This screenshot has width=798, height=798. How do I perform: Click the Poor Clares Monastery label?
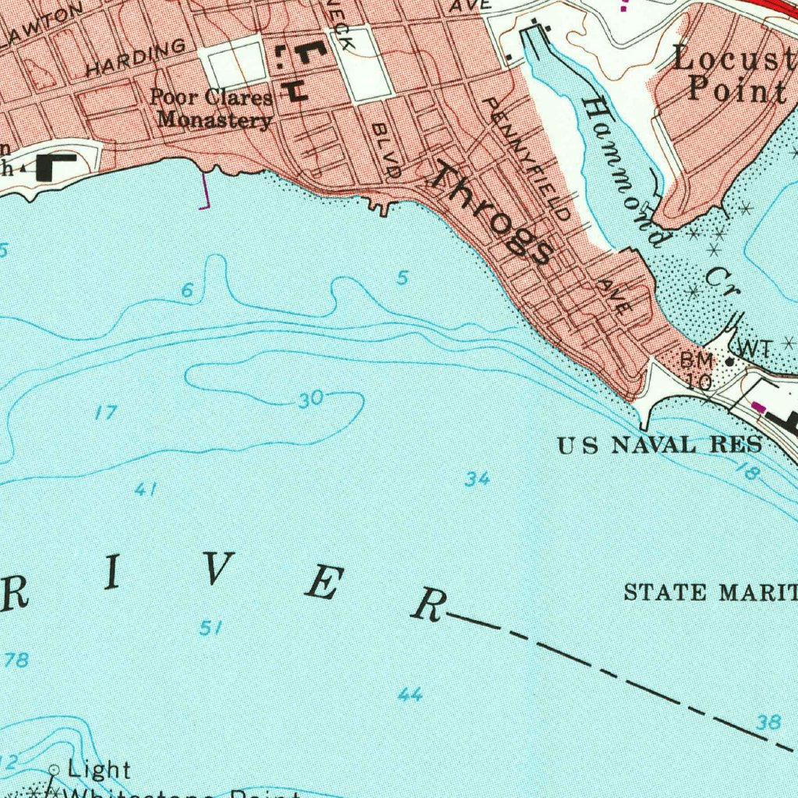212,108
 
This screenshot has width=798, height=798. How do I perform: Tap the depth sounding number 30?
310,400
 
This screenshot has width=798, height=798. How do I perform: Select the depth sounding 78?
16,661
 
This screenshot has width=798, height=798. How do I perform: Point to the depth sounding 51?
210,627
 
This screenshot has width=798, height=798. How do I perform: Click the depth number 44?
410,694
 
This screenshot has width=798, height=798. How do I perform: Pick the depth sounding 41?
146,489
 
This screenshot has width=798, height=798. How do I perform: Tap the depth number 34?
477,480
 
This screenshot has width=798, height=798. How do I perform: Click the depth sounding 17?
105,413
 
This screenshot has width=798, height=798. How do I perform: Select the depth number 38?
768,722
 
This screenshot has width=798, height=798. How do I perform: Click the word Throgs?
493,213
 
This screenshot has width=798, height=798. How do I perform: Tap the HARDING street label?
136,58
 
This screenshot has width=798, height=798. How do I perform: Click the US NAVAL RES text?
659,446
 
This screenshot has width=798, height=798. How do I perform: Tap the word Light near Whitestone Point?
99,770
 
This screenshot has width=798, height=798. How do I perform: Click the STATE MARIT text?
710,592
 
